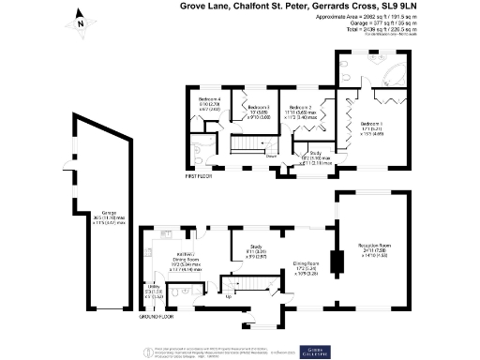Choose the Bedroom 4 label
click(209, 100)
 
